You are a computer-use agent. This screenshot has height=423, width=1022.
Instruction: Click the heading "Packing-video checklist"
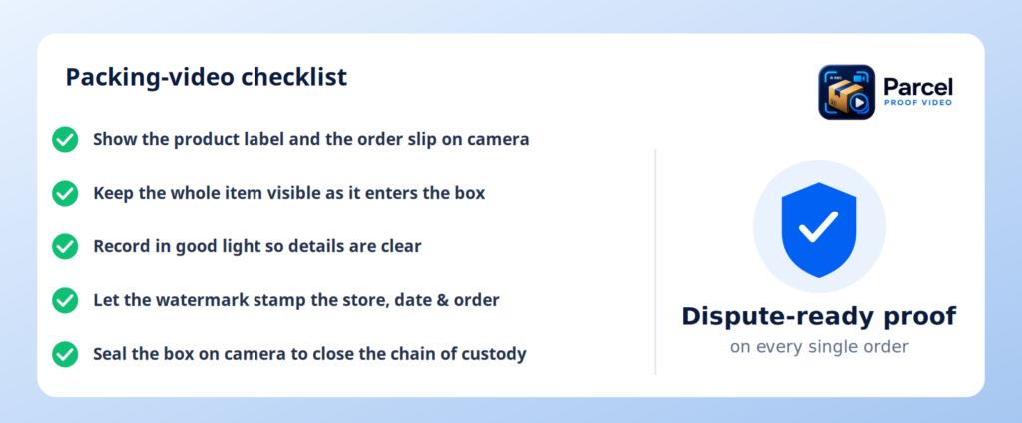tap(206, 78)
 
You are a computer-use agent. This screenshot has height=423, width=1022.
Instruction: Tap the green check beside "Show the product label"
tap(65, 139)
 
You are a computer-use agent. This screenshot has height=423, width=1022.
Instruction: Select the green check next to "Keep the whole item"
tap(65, 193)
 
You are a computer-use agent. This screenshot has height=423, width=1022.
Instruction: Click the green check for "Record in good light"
tap(65, 247)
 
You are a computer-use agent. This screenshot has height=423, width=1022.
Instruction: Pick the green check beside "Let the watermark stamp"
tap(65, 300)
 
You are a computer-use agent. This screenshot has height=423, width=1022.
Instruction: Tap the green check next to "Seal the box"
tap(65, 354)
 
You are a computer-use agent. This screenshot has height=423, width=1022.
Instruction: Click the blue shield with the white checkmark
tap(819, 229)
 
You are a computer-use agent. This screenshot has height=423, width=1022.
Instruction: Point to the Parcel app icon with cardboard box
tap(846, 92)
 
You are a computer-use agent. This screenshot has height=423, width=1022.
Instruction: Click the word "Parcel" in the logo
tap(918, 87)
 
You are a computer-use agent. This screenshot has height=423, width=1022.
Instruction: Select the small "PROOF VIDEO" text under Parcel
tap(918, 103)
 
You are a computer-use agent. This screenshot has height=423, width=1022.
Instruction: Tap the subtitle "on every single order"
tap(818, 347)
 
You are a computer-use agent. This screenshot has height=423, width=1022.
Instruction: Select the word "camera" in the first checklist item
tap(496, 139)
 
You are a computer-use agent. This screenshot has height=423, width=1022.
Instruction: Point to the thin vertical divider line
tap(655, 261)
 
